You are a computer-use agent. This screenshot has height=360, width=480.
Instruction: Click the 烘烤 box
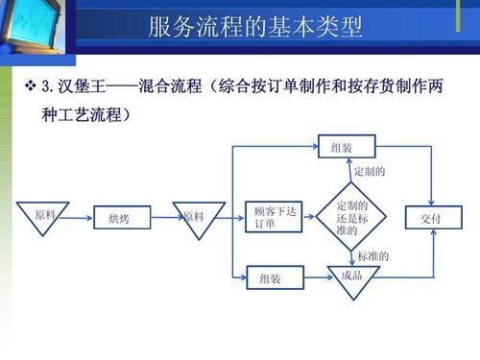pos(119,219)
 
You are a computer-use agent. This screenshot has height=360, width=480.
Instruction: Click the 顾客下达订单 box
pos(274,218)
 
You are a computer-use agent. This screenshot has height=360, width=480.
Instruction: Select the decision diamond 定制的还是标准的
pos(349,218)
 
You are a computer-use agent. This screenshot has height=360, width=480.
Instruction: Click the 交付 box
pos(430,219)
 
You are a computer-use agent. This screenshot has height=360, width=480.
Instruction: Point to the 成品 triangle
pos(349,277)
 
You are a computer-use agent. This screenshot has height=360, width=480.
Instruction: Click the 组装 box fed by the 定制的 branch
pos(344,148)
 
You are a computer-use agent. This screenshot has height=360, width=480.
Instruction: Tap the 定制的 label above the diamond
pos(371,172)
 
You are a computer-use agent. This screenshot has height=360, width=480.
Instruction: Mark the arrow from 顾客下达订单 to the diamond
pos(311,219)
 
